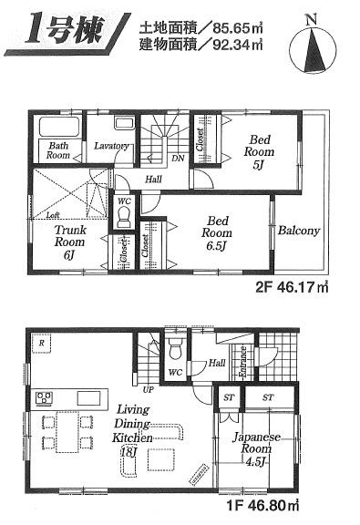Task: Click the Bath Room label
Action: click(59, 150)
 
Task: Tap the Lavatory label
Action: click(108, 145)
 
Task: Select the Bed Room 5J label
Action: click(259, 151)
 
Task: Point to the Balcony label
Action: click(299, 232)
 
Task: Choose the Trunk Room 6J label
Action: click(69, 242)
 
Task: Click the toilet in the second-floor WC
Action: click(124, 216)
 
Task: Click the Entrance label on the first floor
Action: click(242, 362)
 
